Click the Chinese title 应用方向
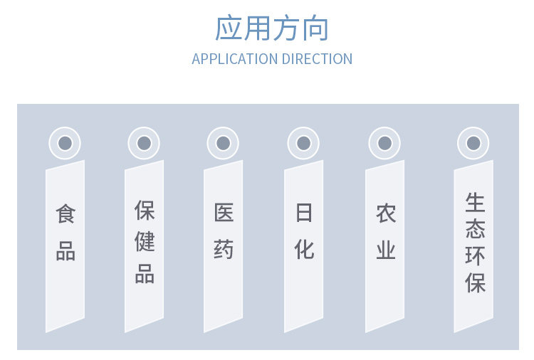click(272, 28)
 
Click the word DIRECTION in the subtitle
click(317, 59)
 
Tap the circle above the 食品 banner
click(65, 143)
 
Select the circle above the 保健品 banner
click(144, 143)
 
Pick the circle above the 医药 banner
click(223, 143)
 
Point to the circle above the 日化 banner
click(304, 143)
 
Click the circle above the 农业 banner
click(384, 143)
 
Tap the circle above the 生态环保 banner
click(473, 143)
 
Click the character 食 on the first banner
click(66, 214)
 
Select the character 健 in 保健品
click(145, 242)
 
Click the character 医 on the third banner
click(224, 213)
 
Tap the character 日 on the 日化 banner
click(304, 213)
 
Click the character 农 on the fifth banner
click(385, 213)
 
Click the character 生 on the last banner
click(475, 203)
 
